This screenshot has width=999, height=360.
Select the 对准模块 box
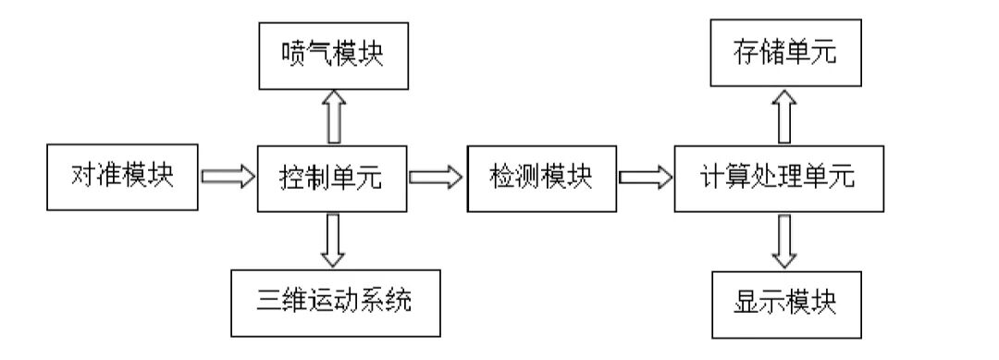pyautogui.click(x=122, y=176)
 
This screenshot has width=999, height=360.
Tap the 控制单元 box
pyautogui.click(x=331, y=176)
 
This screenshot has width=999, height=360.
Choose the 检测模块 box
pyautogui.click(x=541, y=176)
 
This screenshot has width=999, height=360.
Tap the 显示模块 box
pyautogui.click(x=785, y=302)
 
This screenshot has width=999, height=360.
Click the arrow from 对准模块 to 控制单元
pyautogui.click(x=228, y=176)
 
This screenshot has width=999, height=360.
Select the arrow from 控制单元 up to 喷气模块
pyautogui.click(x=334, y=116)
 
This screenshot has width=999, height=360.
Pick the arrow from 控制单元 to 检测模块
pyautogui.click(x=437, y=176)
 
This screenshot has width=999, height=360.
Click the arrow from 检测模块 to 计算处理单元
pyautogui.click(x=646, y=176)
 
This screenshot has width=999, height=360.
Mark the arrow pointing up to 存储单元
pyautogui.click(x=785, y=116)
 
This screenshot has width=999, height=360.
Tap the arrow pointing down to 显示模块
pyautogui.click(x=785, y=240)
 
